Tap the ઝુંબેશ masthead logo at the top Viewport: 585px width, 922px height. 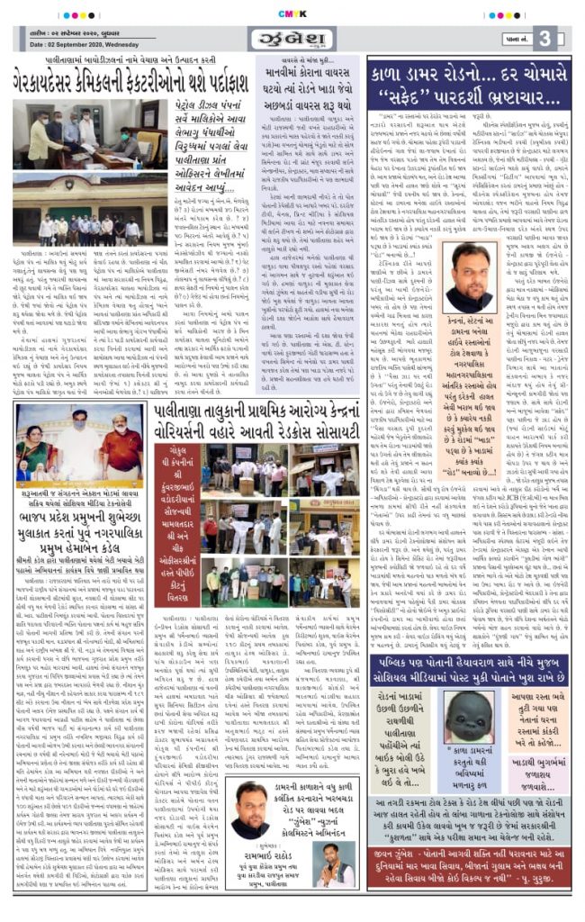point(289,39)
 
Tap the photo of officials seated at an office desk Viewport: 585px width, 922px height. point(82,185)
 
